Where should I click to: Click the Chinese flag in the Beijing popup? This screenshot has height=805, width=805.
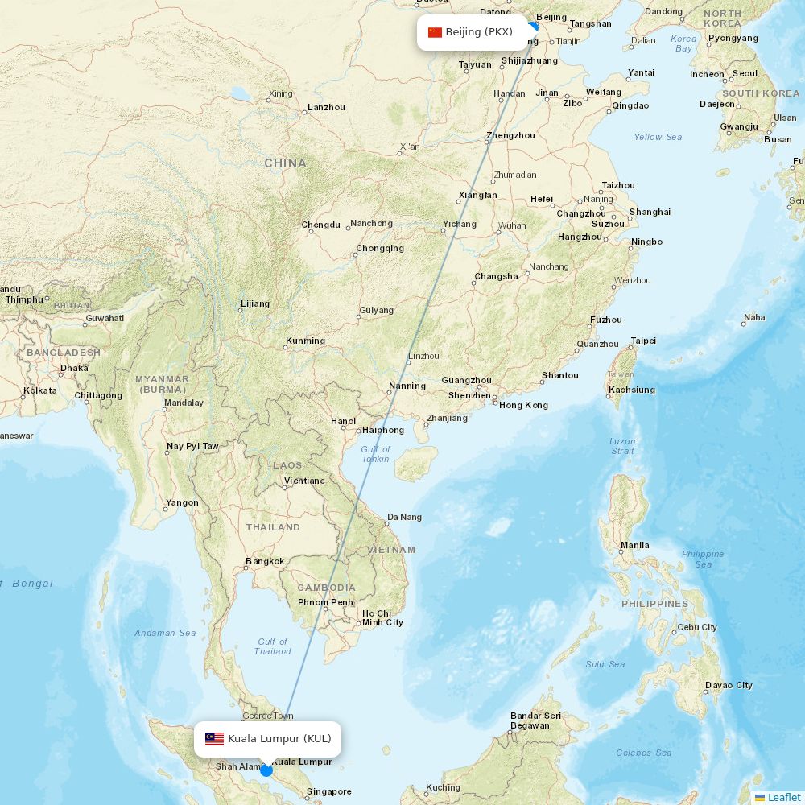point(435,32)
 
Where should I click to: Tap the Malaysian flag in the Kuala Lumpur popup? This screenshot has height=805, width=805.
point(214,739)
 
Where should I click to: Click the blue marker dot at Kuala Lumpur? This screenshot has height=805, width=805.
point(266,770)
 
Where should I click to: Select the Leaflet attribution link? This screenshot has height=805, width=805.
point(783,797)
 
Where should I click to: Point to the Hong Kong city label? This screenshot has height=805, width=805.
point(523,405)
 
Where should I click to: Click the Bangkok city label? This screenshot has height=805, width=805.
point(265,561)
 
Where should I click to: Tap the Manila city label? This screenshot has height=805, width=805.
point(634,545)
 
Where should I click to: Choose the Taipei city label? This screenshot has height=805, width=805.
point(643,341)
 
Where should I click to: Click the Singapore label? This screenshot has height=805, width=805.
point(328,791)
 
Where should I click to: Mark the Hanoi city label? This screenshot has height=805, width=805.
point(343,421)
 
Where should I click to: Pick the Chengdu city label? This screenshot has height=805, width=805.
point(320,225)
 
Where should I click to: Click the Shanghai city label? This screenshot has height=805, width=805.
point(650,212)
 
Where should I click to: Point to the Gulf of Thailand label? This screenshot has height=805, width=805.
point(273,646)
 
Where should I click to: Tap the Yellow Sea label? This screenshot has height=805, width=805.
point(658,137)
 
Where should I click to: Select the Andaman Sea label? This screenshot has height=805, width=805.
point(165,633)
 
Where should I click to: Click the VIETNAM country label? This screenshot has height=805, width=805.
point(391,550)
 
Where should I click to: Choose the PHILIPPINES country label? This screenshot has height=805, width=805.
point(654,604)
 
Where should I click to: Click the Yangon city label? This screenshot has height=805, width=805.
point(181,502)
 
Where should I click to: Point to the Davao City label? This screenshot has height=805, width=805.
point(729,685)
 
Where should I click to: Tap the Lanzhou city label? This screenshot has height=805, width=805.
point(326,107)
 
